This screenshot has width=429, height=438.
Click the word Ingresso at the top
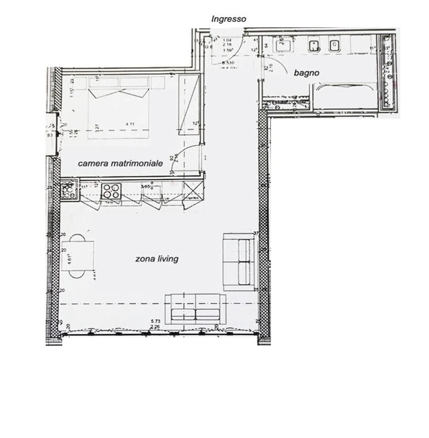[x=229, y=19]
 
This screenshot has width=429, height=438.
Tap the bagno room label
[x=306, y=73]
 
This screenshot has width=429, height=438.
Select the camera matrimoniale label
[x=120, y=163]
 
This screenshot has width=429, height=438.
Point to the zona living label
[x=157, y=259]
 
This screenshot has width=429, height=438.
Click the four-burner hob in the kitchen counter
[x=111, y=191]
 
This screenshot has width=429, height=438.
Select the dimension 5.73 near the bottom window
[x=156, y=321]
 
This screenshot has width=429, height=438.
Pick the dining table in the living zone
[x=78, y=256]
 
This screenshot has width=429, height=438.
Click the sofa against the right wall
[x=239, y=262]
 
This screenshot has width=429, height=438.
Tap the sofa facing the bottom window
[x=195, y=309]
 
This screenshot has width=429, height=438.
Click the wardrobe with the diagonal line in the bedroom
[x=189, y=105]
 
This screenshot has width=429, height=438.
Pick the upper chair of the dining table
[x=78, y=238]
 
